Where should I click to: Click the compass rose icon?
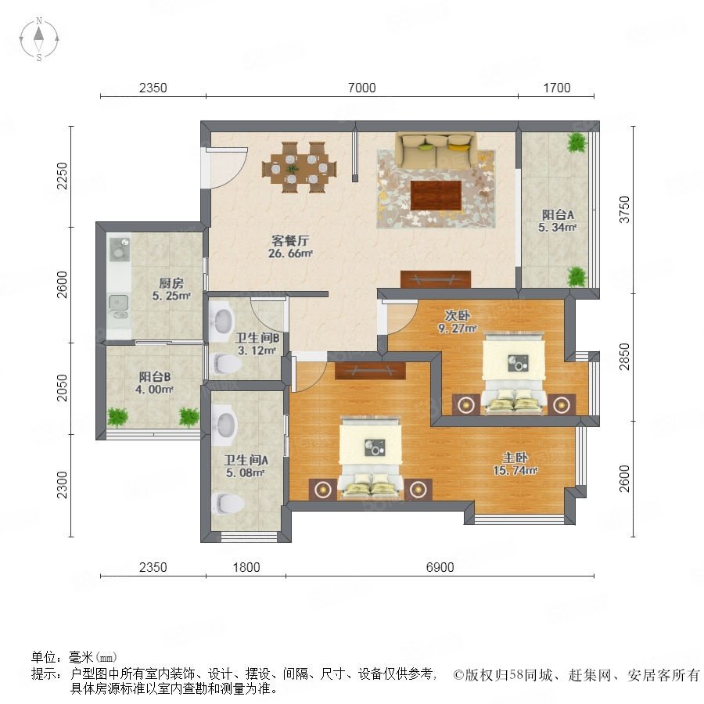[39, 39]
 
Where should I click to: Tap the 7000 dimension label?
[362, 88]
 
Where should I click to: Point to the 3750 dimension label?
[624, 210]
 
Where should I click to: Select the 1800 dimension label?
[246, 567]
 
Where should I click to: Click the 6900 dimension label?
[440, 567]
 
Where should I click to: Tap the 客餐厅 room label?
[290, 241]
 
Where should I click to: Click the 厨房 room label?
[171, 283]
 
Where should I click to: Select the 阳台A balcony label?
[558, 214]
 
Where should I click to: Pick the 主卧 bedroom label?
[515, 458]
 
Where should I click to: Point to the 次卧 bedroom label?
[457, 315]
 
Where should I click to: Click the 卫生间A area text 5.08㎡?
[245, 472]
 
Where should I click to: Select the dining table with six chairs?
[300, 167]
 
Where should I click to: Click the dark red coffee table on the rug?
[436, 196]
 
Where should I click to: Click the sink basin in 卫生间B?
[223, 321]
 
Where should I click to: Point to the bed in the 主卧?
[370, 458]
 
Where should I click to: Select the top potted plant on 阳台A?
[577, 143]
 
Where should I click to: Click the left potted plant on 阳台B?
[117, 417]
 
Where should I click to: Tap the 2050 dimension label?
[62, 387]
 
